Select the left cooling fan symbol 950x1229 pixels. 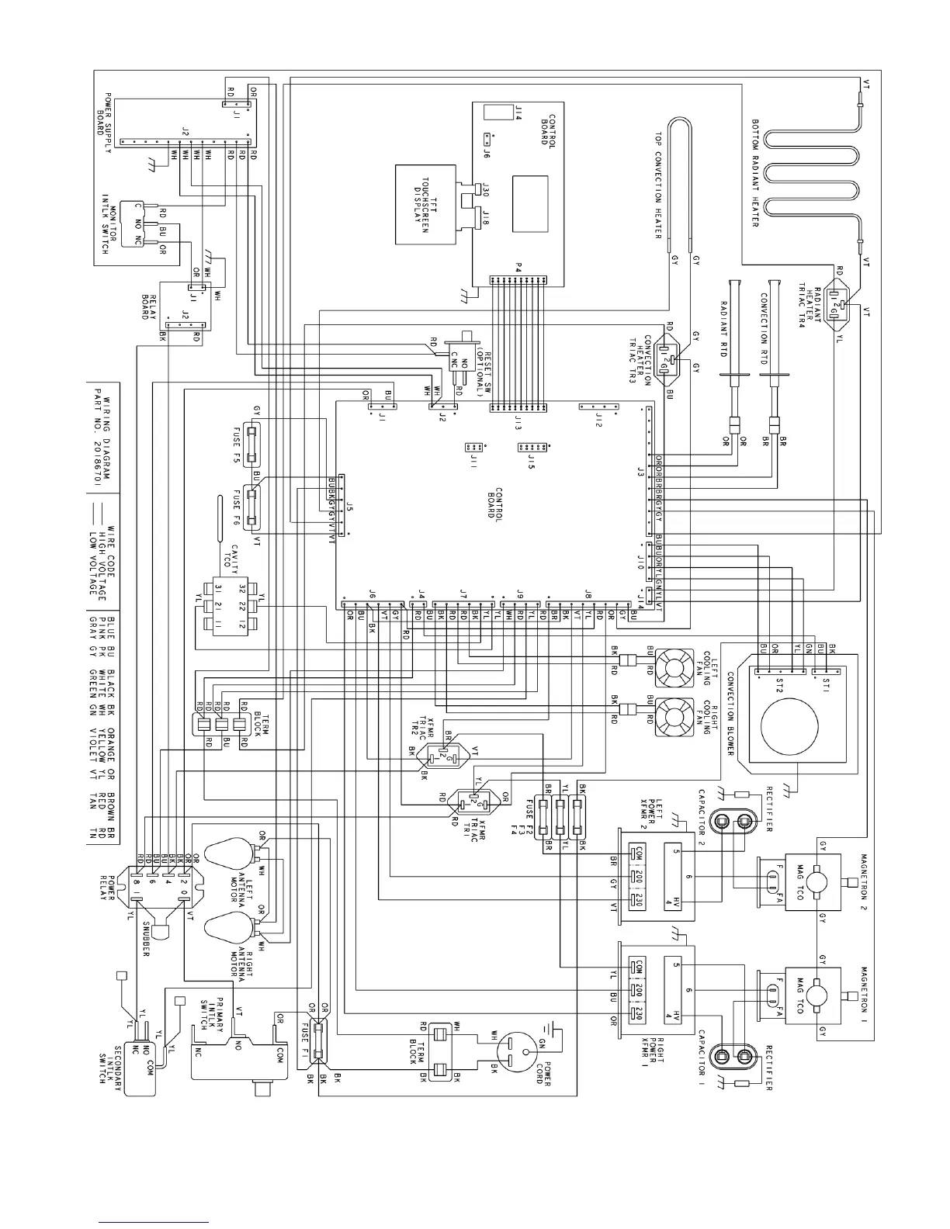coord(674,666)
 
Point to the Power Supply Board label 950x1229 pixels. coord(104,116)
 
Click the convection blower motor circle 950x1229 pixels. coord(789,726)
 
